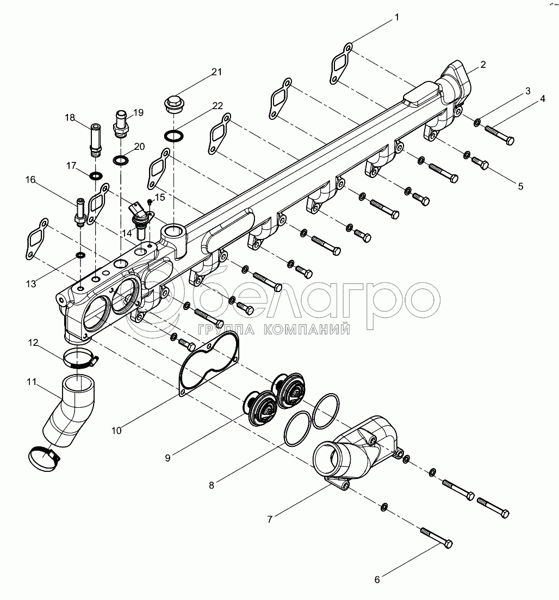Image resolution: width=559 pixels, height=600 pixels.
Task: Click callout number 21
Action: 217,72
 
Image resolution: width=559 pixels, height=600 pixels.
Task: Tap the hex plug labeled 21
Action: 173,104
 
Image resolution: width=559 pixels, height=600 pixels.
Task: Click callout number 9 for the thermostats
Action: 168,458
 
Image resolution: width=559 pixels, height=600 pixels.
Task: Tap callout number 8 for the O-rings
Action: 212,485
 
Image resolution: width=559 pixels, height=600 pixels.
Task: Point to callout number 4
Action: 542,99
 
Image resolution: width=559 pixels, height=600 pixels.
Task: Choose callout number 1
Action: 396,18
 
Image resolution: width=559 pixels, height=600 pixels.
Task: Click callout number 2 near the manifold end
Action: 483,64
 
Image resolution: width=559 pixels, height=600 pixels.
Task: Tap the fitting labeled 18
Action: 95,141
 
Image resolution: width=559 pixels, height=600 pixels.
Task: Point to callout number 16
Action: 30,180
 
